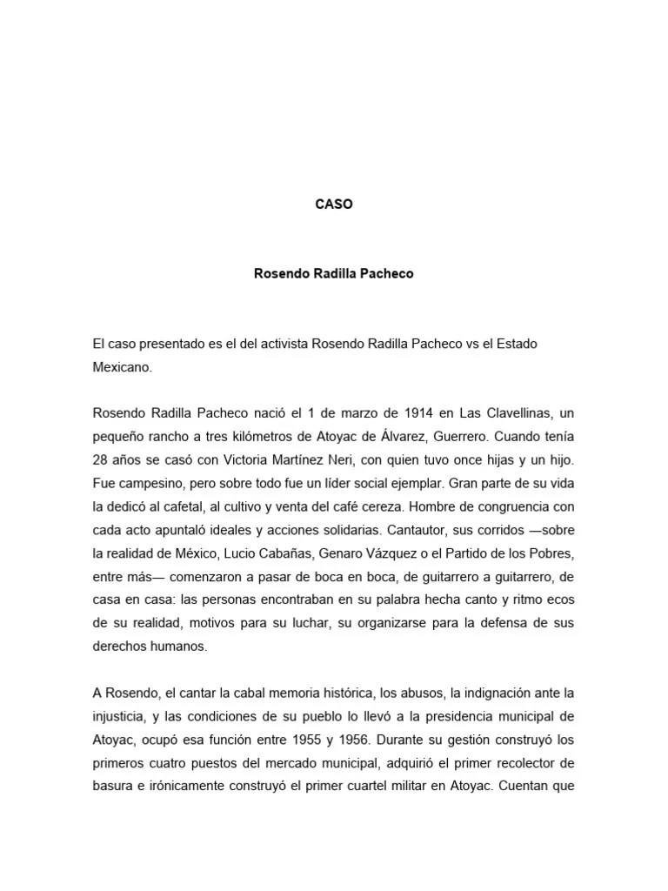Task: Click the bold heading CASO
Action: (334, 205)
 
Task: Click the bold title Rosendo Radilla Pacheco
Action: (334, 273)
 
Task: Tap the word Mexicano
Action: (122, 367)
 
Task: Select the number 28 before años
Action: (100, 459)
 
